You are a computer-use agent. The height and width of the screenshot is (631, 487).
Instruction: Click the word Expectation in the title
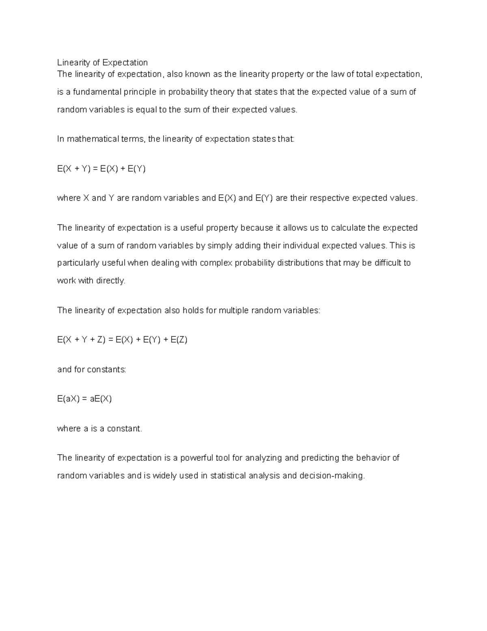(125, 63)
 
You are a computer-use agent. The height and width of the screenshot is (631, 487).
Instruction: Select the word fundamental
(94, 92)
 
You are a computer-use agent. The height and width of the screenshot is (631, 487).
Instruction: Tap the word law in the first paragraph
(337, 74)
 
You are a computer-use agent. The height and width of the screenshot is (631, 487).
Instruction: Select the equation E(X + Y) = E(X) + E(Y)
(101, 169)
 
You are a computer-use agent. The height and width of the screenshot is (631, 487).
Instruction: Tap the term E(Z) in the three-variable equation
(179, 340)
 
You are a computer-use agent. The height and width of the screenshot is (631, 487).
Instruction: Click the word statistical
(228, 476)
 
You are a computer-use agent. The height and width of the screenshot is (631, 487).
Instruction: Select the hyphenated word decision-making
(332, 476)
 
